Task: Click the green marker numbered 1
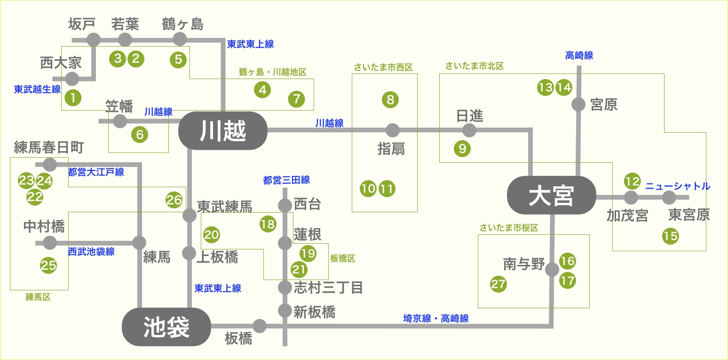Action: point(73,97)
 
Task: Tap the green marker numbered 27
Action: point(499,284)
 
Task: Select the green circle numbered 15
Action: point(670,236)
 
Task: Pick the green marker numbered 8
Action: point(390,99)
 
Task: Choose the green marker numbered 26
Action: point(174,200)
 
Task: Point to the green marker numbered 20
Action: point(212,234)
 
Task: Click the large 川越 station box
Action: point(223,130)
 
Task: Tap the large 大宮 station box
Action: point(552,195)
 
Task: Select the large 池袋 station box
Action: point(166,327)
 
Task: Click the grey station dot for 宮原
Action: point(578,104)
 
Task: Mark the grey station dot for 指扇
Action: point(392,130)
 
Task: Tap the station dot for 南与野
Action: point(552,270)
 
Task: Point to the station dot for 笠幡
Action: point(120,121)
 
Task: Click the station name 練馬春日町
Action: point(49,148)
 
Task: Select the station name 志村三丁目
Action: point(328,287)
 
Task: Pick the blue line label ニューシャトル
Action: point(677,186)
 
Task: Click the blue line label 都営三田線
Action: point(286,180)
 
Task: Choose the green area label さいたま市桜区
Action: point(508,228)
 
